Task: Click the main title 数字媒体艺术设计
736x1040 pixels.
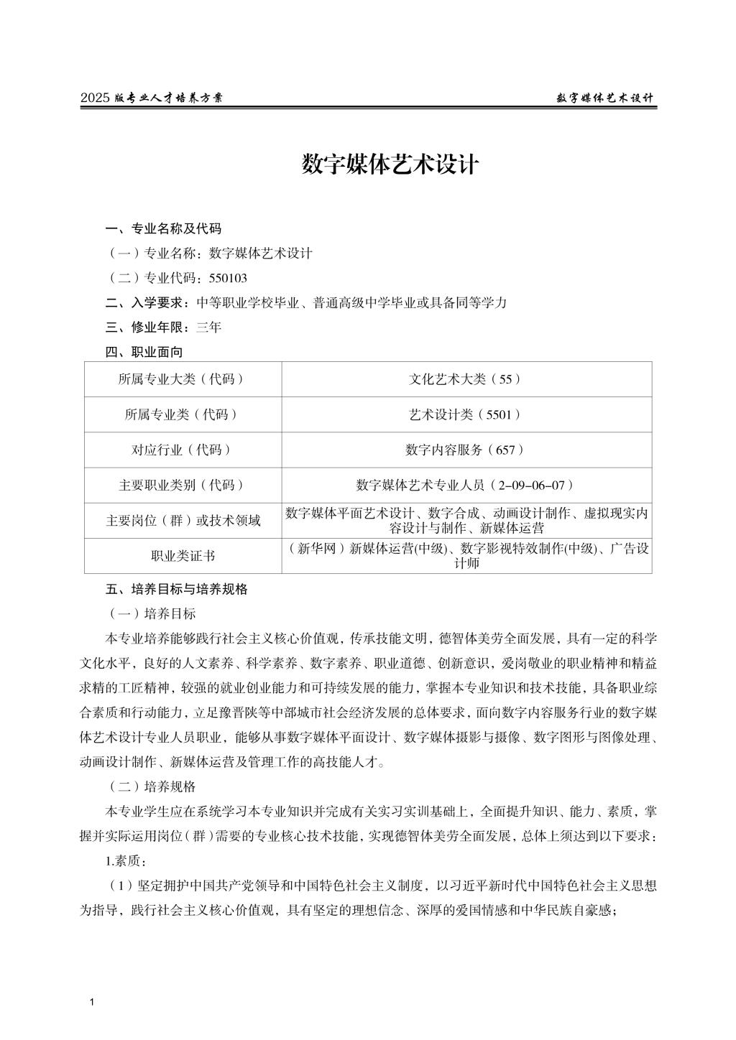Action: click(x=390, y=164)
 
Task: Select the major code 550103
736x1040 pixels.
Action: click(x=228, y=278)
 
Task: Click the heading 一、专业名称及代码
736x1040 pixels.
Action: click(x=163, y=229)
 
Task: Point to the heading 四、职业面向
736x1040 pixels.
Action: click(x=144, y=352)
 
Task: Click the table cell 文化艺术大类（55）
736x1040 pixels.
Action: click(x=465, y=379)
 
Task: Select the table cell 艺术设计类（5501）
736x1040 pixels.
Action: click(x=465, y=414)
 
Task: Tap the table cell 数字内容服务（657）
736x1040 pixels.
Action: click(x=465, y=450)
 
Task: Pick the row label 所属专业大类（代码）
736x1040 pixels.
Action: click(x=183, y=379)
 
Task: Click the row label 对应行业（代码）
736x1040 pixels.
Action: click(x=183, y=450)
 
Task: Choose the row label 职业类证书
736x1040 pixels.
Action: click(x=183, y=556)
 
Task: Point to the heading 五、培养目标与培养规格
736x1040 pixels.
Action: click(x=177, y=589)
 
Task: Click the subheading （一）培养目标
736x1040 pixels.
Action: click(x=151, y=613)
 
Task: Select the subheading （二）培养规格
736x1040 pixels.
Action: click(x=151, y=786)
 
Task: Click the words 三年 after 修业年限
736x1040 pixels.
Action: click(x=209, y=328)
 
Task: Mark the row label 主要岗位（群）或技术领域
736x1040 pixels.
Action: click(x=183, y=521)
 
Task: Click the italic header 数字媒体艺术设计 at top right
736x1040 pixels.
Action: click(x=605, y=98)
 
